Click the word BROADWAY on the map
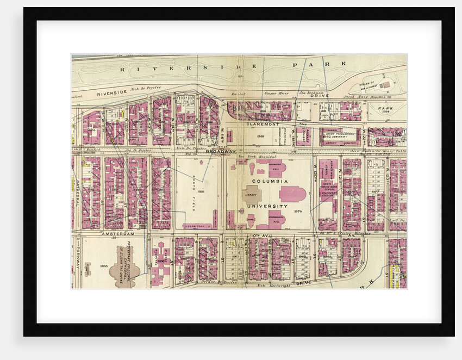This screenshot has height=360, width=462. point(221,151)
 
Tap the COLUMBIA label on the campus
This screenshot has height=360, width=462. point(269,180)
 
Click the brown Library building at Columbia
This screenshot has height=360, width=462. point(251,194)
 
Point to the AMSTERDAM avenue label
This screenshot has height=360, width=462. point(117,233)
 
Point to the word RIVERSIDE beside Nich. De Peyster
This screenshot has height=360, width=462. point(112,94)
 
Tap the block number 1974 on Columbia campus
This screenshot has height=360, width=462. point(297,210)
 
